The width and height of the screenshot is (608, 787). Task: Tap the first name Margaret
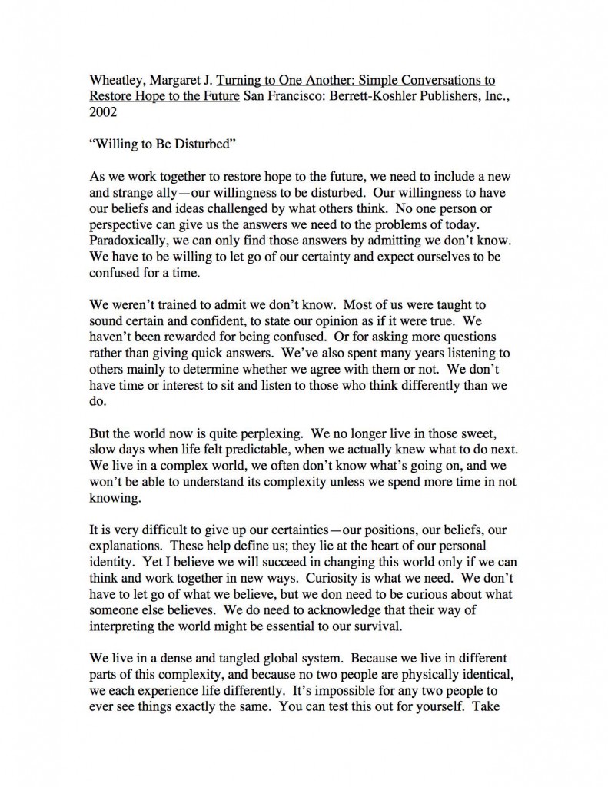click(174, 101)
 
